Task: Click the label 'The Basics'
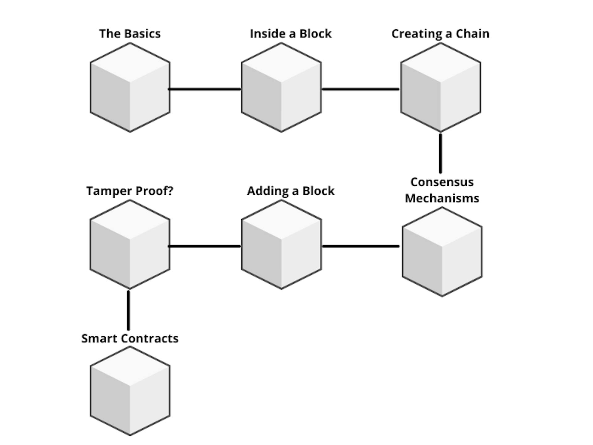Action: point(130,34)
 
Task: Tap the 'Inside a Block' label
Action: point(291,34)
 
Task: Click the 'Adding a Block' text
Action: point(291,191)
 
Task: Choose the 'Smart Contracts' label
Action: point(130,338)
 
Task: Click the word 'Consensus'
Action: point(442,182)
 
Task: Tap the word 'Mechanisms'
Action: point(442,198)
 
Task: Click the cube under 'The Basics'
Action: point(130,87)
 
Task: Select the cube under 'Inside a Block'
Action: point(281,87)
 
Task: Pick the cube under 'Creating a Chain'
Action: point(440,87)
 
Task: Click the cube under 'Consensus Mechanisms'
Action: point(442,252)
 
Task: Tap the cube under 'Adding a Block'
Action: point(281,244)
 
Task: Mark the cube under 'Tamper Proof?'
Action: point(130,244)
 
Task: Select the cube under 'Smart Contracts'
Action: point(130,391)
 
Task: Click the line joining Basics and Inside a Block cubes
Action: point(205,89)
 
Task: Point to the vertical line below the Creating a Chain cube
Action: point(440,153)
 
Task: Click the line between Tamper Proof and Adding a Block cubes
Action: point(205,246)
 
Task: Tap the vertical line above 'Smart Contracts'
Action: point(128,310)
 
